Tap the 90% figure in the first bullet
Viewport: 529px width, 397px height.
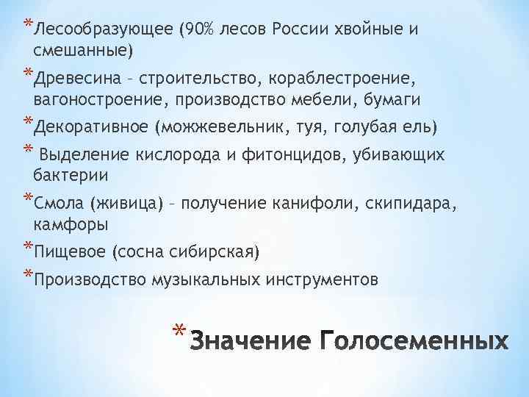[x=198, y=29]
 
